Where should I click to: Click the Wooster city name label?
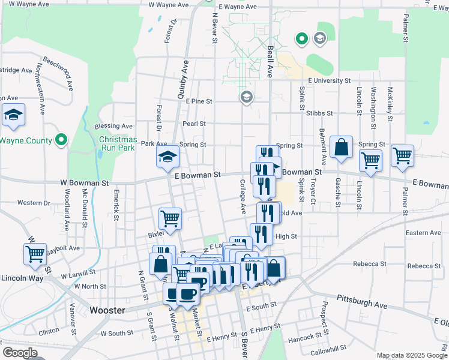[x=107, y=310]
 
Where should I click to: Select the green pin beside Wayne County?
[x=61, y=140]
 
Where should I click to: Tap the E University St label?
[x=329, y=80]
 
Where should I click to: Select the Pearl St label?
[x=194, y=124]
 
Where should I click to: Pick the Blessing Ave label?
[x=113, y=126]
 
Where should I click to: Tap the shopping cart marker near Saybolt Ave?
[x=35, y=253]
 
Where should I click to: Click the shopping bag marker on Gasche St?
[x=341, y=148]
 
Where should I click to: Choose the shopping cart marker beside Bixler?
[x=170, y=218]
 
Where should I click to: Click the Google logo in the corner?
[x=20, y=353]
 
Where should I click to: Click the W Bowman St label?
[x=84, y=181]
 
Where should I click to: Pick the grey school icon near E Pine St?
[x=246, y=97]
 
